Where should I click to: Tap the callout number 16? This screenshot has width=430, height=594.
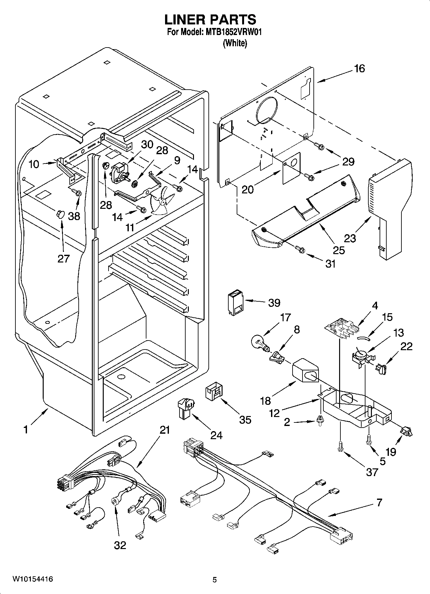359,68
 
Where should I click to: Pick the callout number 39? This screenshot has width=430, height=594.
274,303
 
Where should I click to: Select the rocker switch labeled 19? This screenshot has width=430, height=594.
406,431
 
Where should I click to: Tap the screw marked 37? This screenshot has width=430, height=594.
340,447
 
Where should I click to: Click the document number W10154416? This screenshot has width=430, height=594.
33,579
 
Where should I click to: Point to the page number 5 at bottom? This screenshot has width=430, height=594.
215,580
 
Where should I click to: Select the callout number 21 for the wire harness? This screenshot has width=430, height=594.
164,430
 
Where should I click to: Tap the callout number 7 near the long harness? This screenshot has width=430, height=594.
379,502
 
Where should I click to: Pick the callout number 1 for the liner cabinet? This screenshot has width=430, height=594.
25,430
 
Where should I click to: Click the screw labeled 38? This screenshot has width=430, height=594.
77,194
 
